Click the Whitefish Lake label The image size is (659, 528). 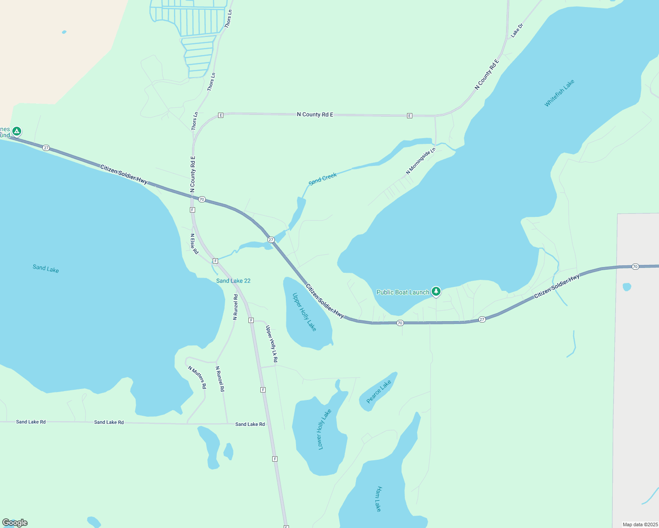point(559,93)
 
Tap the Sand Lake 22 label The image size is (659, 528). point(233,281)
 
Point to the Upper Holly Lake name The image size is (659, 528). point(304,312)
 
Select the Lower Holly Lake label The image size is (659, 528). point(324,429)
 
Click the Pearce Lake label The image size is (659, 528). point(379,391)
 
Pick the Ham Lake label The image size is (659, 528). point(378,499)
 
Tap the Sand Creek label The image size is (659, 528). point(322,179)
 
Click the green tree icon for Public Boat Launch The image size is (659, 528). point(436,291)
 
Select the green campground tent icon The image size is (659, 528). point(17,131)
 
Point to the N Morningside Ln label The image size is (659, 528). point(420,161)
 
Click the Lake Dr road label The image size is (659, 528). point(517,30)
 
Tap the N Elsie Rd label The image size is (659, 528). point(194,244)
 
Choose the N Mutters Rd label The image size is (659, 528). point(197,377)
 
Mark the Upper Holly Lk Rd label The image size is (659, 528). point(271,344)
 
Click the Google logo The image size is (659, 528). point(15,523)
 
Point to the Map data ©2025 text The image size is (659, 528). point(640,524)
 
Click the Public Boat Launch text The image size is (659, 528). point(403,292)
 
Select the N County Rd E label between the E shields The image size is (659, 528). point(315,114)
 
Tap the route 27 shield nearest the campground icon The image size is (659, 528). point(46,148)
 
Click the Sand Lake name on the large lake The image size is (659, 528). point(46,268)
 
